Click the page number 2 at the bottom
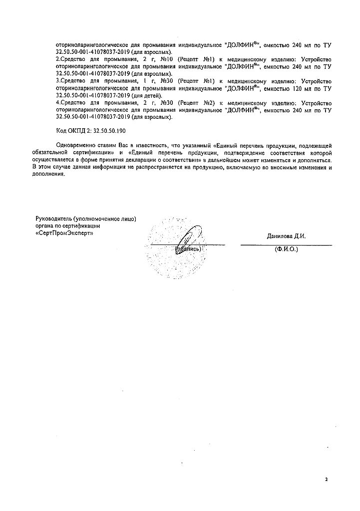click(326, 480)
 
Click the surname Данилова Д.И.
click(286, 236)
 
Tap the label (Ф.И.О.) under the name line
click(286, 249)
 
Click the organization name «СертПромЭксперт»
click(64, 233)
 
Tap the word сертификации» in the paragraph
click(98, 152)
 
